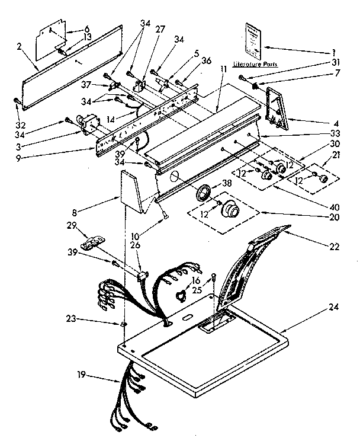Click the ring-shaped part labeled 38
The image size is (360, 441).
pos(204,193)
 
